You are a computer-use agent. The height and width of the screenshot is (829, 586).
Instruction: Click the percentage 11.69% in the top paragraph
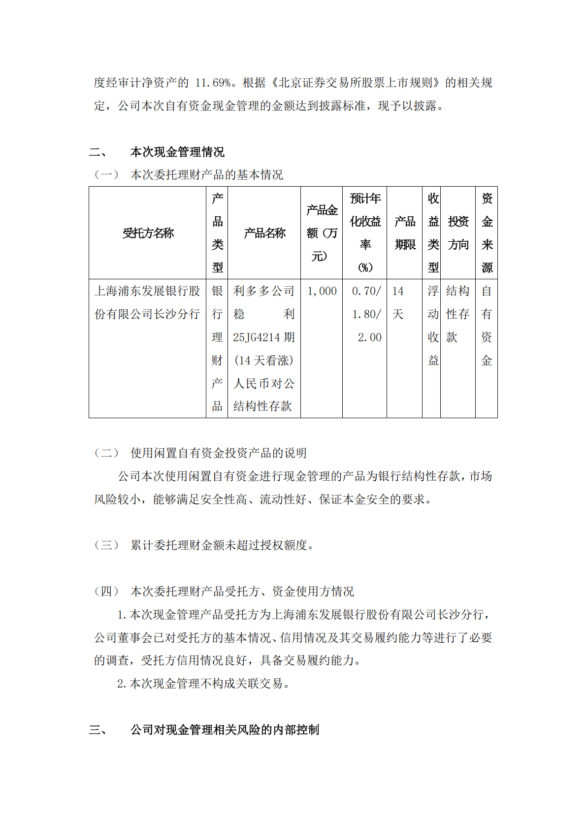(213, 82)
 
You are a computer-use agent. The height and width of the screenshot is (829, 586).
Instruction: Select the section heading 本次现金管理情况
(177, 152)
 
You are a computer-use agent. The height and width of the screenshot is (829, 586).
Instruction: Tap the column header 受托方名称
(148, 233)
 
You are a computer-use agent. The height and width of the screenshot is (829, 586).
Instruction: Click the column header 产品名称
(264, 233)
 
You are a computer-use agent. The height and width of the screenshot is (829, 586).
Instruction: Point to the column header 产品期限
(405, 233)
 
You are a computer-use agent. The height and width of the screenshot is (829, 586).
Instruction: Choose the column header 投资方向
(458, 233)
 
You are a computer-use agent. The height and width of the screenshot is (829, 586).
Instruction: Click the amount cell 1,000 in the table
(322, 291)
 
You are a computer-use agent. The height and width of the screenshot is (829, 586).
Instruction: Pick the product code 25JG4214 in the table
(258, 337)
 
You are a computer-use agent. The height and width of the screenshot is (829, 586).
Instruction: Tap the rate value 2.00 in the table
(369, 337)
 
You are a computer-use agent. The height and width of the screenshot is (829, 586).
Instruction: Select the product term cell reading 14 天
(398, 302)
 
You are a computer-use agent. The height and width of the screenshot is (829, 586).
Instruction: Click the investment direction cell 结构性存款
(457, 314)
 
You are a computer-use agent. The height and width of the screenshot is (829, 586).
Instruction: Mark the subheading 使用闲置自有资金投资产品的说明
(219, 453)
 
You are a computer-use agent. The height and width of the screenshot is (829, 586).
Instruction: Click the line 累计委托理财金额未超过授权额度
(219, 545)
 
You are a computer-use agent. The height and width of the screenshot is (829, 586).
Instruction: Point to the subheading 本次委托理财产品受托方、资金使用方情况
(242, 591)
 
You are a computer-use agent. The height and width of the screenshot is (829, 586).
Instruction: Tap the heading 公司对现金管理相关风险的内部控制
(225, 730)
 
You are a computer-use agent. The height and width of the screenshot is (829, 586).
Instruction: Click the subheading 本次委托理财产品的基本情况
(207, 175)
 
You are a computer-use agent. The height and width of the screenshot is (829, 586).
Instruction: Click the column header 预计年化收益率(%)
(365, 233)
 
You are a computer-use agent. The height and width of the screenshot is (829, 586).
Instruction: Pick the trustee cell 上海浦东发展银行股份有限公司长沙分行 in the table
(147, 302)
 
